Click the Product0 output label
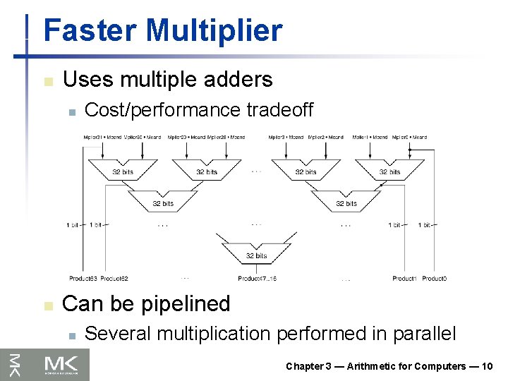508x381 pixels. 434,279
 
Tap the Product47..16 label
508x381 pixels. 257,279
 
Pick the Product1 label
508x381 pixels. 404,279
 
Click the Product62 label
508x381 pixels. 114,279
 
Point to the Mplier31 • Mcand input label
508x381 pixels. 102,137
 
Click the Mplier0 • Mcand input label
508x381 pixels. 409,137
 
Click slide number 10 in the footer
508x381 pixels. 487,366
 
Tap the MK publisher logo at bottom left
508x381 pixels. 45,365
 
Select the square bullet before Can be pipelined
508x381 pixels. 47,305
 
